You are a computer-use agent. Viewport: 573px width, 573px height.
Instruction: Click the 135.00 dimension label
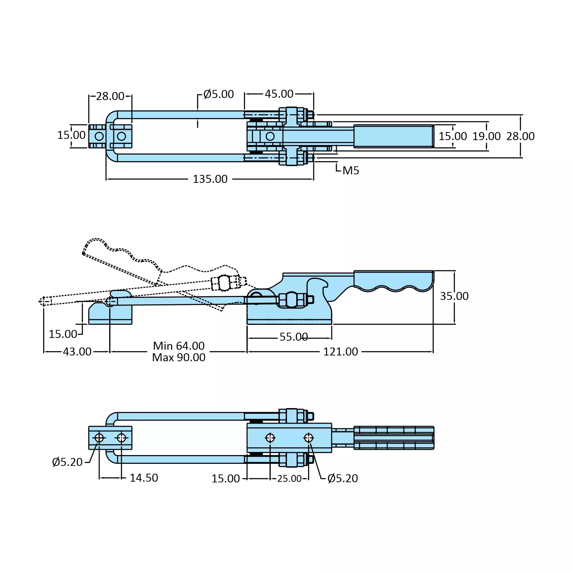tap(210, 179)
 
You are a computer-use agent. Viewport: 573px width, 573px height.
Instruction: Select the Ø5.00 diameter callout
tap(218, 94)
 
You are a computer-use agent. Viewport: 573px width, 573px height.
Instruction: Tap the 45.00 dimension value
tap(279, 94)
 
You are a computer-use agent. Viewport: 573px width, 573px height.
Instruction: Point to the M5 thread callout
tap(350, 171)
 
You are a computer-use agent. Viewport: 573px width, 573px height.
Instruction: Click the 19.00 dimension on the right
tap(486, 136)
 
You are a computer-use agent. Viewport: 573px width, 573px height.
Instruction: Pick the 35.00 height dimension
tap(454, 296)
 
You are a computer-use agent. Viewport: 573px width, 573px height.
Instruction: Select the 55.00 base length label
tap(294, 337)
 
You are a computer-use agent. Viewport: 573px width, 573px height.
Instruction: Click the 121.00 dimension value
tap(341, 352)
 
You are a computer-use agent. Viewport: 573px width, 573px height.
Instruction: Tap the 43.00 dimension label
tap(77, 352)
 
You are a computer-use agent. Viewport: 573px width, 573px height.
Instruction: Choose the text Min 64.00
tap(179, 346)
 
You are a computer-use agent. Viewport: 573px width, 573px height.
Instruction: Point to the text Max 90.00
tap(179, 358)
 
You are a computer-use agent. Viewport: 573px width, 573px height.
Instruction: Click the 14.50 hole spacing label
tap(144, 478)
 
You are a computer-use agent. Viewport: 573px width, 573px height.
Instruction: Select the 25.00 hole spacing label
tap(289, 479)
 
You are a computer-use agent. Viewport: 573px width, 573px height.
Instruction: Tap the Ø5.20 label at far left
tap(67, 462)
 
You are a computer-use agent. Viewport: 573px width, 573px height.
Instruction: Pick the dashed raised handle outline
tap(122, 260)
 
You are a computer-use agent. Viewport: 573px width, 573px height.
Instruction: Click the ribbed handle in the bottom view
tap(394, 437)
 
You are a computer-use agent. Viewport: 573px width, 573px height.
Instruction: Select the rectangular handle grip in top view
tap(394, 136)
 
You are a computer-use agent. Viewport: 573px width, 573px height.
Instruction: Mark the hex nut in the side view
tap(292, 300)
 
